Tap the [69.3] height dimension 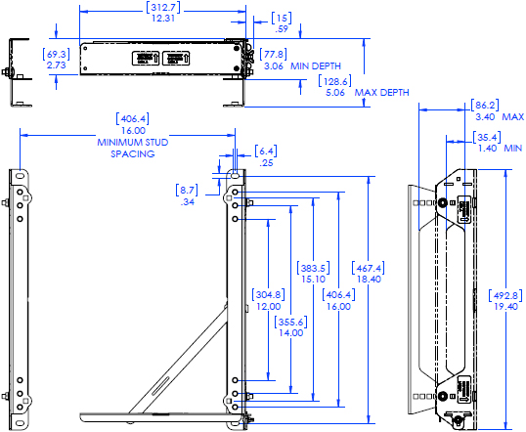click(57, 53)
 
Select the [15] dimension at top click(281, 17)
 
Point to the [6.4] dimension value click(266, 151)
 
